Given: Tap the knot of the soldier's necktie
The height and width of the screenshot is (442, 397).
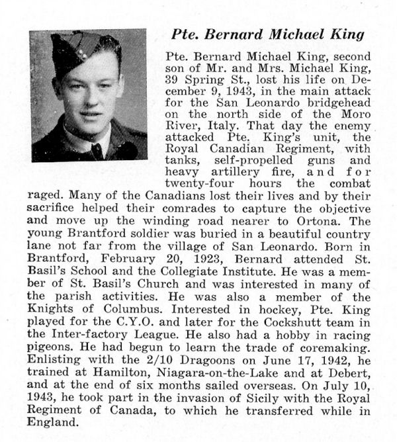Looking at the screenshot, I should coord(96,148).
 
